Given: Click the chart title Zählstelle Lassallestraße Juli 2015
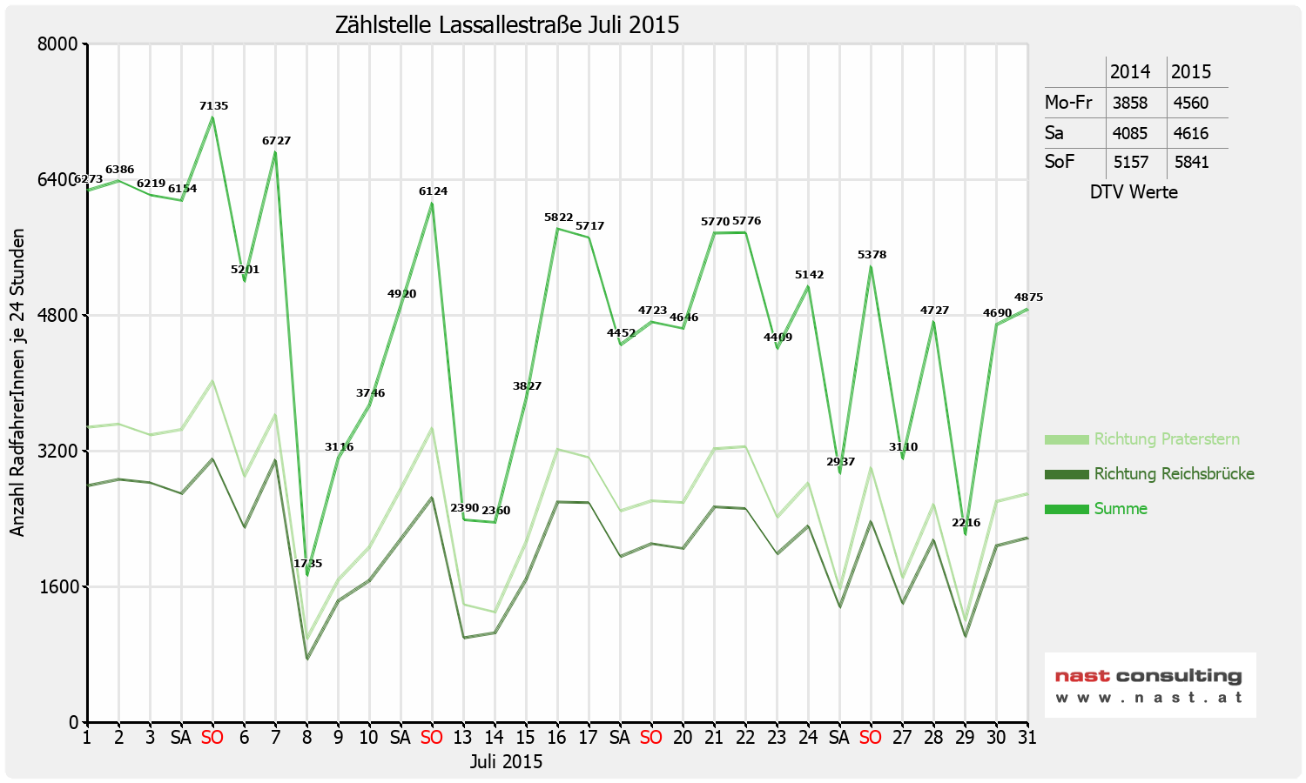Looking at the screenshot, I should coord(507,25).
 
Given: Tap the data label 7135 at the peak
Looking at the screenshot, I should coord(213,106).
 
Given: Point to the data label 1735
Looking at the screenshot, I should coord(307,564).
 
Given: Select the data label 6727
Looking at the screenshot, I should coord(276,141).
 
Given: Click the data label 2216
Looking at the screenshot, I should coord(966,523).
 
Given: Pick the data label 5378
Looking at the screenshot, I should coord(872,255).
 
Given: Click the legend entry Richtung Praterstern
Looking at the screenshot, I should coord(1166,439).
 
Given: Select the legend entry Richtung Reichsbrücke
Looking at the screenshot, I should coord(1174,474).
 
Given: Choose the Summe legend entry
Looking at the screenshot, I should coord(1121,509).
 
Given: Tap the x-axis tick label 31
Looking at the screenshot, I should coord(1027,738).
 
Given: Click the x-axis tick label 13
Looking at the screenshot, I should coord(463,738).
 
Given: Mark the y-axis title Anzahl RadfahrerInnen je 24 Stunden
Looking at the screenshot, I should coord(17,383).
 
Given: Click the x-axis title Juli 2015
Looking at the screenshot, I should coord(506,762).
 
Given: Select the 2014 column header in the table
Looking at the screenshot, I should coord(1130,72).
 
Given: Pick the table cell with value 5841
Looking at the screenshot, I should coord(1191,163).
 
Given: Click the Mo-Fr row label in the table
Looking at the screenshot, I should coord(1068,103).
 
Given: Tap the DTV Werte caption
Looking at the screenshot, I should coord(1134,192).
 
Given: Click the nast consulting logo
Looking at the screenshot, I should coord(1149,685).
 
